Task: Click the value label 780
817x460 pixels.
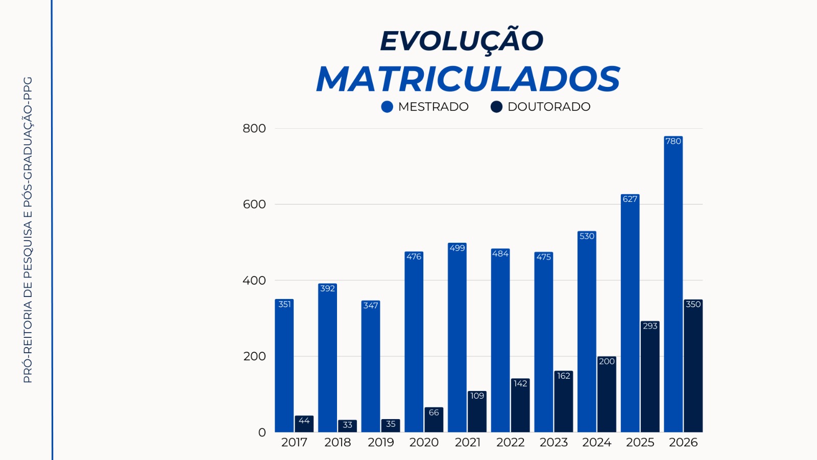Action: pos(673,141)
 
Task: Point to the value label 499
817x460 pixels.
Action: pos(457,248)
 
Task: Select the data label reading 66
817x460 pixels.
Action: pos(434,412)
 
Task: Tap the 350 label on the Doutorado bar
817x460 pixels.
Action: pos(693,304)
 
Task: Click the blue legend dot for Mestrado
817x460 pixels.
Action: pos(387,107)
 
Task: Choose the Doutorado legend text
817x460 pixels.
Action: pos(549,107)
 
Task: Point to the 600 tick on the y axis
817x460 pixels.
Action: pos(254,204)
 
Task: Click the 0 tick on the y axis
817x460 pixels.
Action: pos(262,432)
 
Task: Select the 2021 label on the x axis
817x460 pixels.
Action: pos(467,443)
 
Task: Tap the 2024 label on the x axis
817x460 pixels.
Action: pos(596,443)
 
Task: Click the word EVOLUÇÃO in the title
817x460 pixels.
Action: pos(462,41)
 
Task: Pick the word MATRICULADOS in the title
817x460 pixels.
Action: pos(468,79)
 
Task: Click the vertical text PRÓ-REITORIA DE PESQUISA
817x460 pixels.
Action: pos(28,286)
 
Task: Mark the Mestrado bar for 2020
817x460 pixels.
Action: pos(414,348)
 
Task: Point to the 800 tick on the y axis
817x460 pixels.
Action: pos(254,129)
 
